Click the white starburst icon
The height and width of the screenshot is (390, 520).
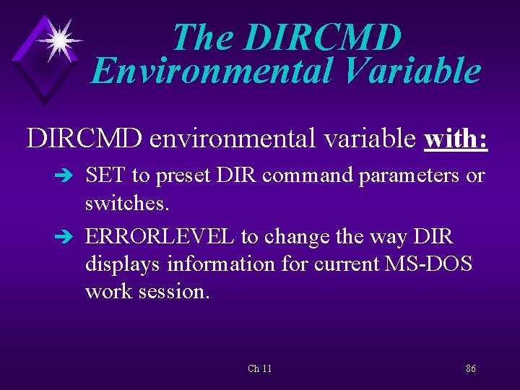58,39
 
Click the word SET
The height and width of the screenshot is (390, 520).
105,175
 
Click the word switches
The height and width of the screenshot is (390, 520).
126,204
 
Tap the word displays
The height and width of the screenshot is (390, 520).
123,264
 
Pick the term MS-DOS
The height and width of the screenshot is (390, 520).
430,264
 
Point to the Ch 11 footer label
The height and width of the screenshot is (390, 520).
259,369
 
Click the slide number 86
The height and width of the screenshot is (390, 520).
470,369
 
